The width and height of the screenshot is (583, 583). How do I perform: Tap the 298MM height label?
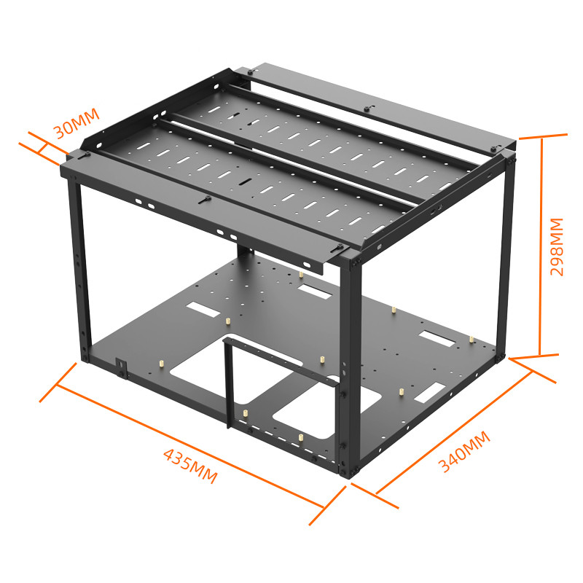pyautogui.click(x=557, y=246)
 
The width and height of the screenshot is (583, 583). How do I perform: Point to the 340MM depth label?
pyautogui.click(x=464, y=452)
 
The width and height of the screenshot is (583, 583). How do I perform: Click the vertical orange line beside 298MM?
pyautogui.click(x=541, y=246)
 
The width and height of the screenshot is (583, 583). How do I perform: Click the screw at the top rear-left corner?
pyautogui.click(x=250, y=72)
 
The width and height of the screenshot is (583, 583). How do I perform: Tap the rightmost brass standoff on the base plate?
pyautogui.click(x=472, y=340)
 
